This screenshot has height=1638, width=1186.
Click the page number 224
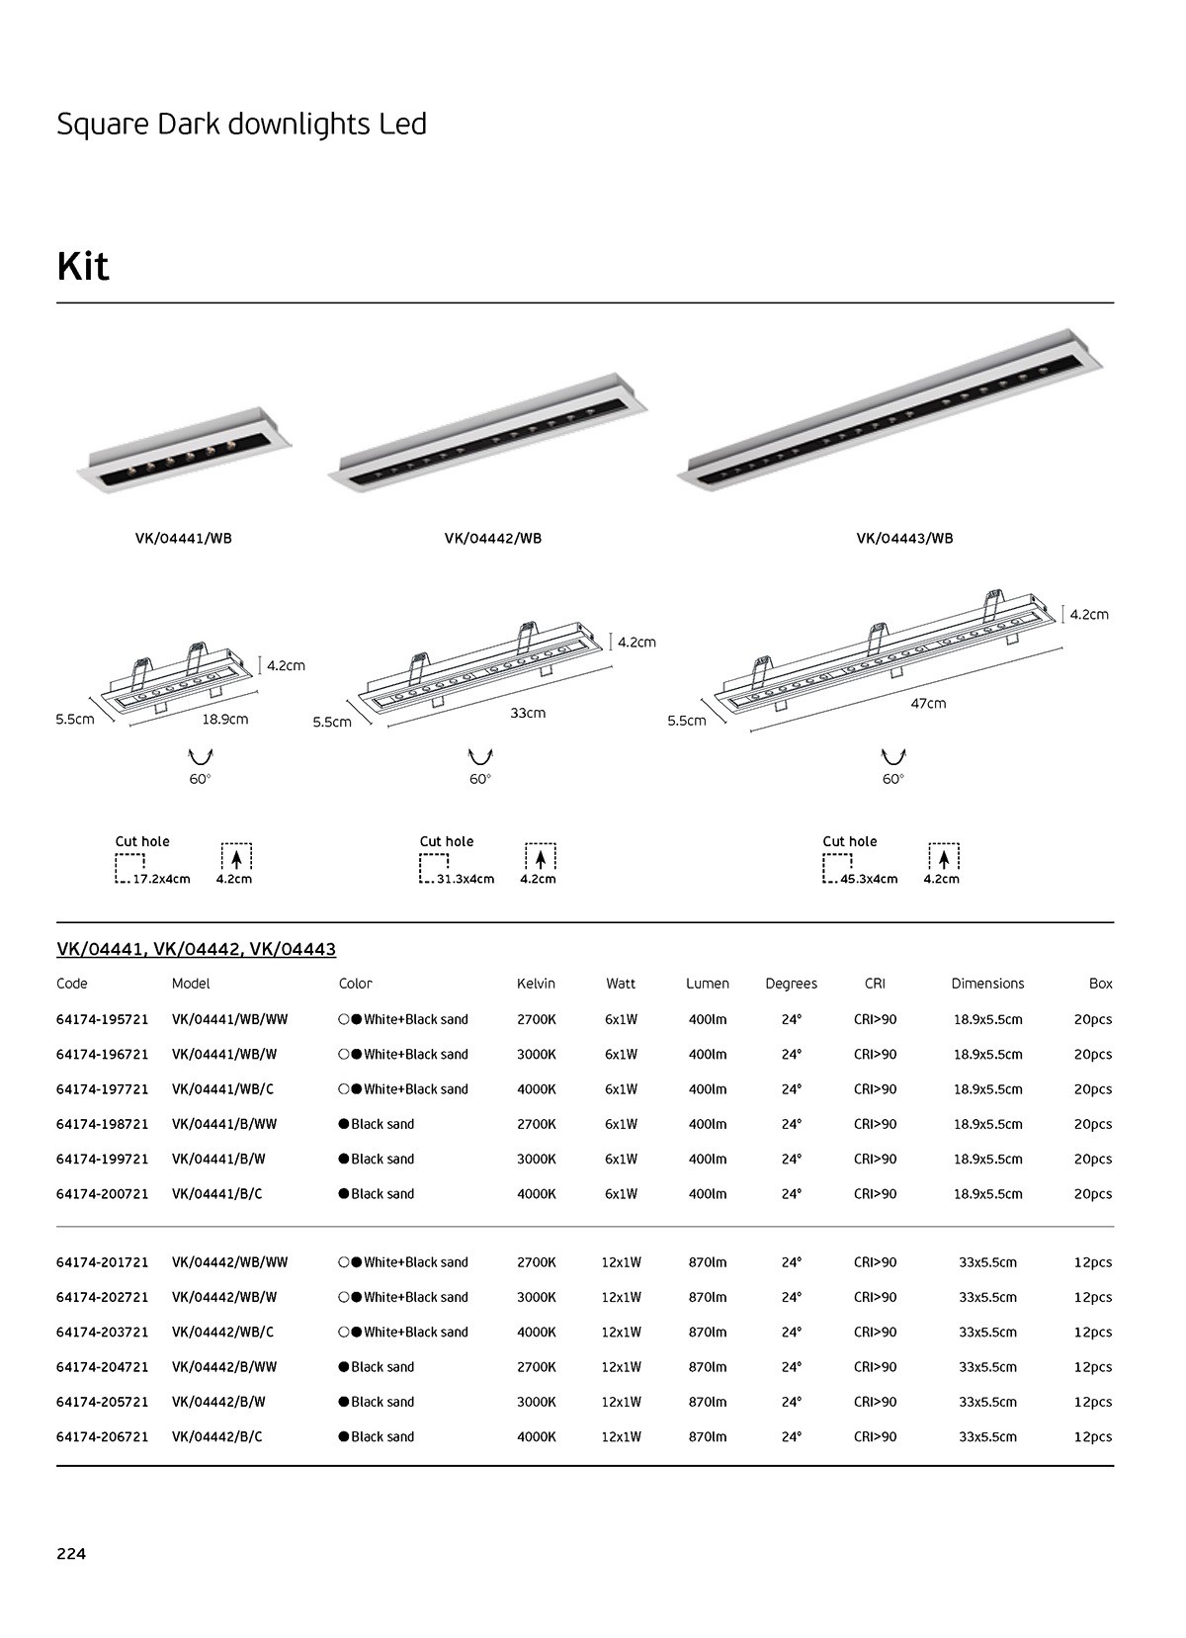tap(71, 1553)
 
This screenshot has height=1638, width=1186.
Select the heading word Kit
tap(83, 266)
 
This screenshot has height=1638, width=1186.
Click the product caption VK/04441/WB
tap(184, 539)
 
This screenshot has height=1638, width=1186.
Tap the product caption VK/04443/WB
tap(904, 539)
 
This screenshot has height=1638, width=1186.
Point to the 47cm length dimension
tap(928, 703)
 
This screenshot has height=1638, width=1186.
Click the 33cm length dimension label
tap(528, 713)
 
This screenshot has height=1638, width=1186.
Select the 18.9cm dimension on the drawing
tap(225, 719)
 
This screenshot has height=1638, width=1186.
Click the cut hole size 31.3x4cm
tap(466, 879)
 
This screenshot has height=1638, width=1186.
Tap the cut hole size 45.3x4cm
tap(869, 879)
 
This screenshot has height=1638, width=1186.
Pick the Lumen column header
tap(708, 984)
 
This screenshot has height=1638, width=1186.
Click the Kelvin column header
tap(536, 984)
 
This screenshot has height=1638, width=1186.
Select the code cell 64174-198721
tap(103, 1124)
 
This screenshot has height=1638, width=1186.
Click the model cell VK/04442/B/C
tap(217, 1436)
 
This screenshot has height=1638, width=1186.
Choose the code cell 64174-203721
tap(103, 1332)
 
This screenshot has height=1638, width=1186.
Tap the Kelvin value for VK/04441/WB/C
tap(536, 1089)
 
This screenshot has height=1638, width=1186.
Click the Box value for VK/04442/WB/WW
tap(1093, 1262)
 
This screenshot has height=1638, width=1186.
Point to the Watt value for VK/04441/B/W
tap(621, 1159)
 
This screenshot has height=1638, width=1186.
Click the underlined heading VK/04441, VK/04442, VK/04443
tap(197, 949)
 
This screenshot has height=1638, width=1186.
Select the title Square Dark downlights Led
tap(242, 125)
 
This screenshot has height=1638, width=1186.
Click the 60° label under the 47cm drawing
tap(892, 779)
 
